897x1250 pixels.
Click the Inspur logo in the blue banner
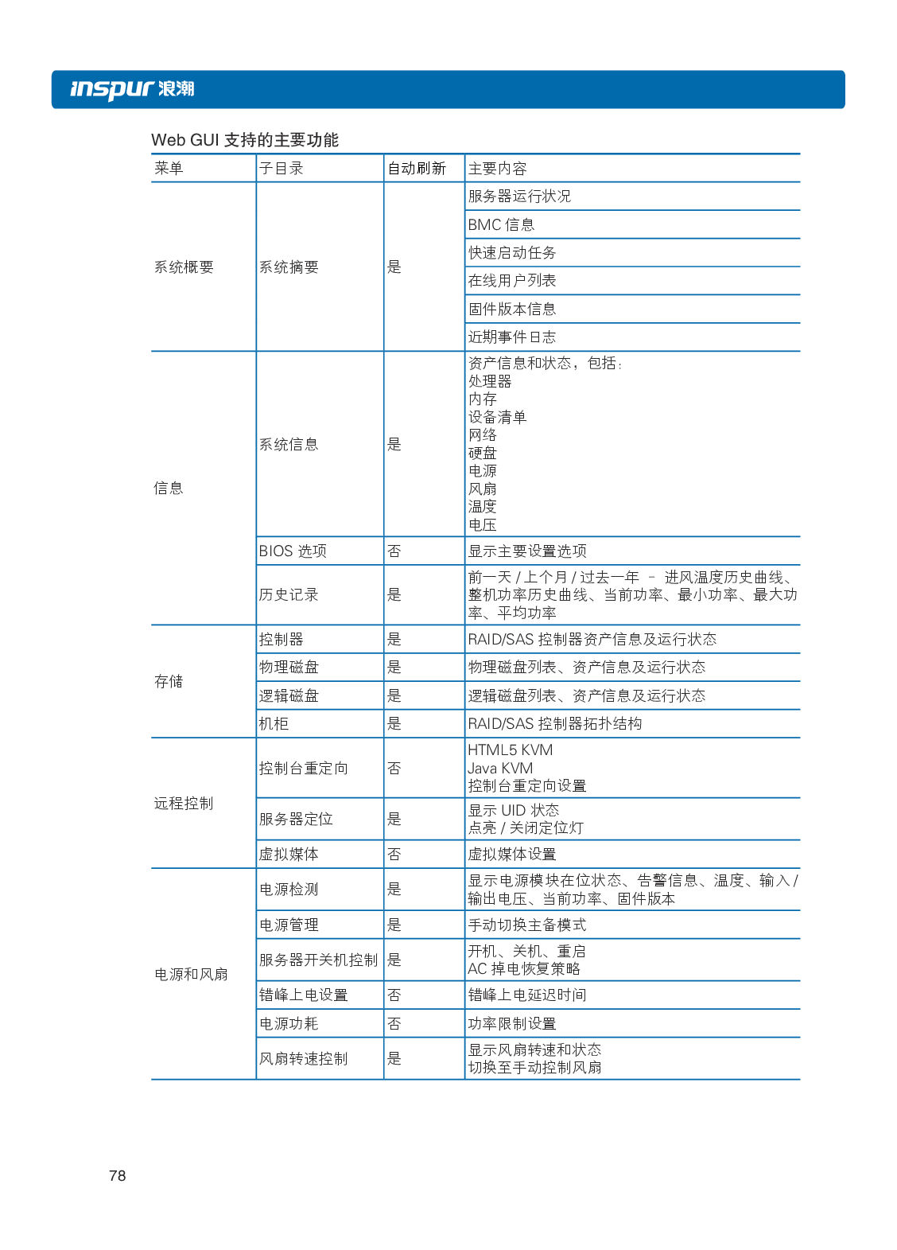[132, 88]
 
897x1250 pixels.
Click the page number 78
[117, 1175]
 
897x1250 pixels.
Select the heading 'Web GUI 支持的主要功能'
[245, 140]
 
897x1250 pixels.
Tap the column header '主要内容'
[497, 169]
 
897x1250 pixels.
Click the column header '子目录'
[282, 169]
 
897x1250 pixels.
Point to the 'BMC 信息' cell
[501, 225]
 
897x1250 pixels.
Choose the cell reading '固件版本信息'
[511, 310]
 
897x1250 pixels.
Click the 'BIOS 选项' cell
[292, 551]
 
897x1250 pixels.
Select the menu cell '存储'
[169, 681]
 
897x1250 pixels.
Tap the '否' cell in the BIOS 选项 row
[394, 551]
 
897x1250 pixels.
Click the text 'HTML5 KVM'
[510, 750]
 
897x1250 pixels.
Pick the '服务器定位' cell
[296, 820]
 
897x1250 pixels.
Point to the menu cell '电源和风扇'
[191, 974]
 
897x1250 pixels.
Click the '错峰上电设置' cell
[303, 995]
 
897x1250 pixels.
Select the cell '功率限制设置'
[511, 1023]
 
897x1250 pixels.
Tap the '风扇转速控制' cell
[303, 1058]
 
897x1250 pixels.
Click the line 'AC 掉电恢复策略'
[524, 969]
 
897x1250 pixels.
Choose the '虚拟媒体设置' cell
[511, 855]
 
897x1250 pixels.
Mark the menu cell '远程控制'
[184, 804]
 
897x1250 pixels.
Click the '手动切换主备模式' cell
[526, 925]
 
